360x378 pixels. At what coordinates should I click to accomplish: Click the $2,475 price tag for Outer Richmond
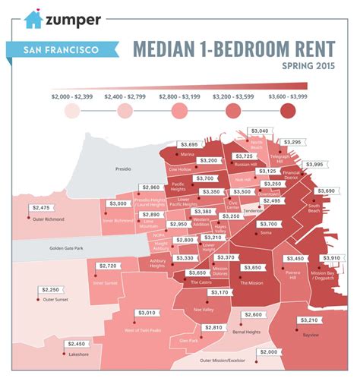pyautogui.click(x=42, y=207)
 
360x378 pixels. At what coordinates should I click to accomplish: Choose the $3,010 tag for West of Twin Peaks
pyautogui.click(x=149, y=313)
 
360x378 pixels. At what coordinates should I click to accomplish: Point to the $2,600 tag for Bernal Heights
pyautogui.click(x=253, y=314)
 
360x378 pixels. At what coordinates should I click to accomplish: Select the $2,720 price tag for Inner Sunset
pyautogui.click(x=109, y=266)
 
